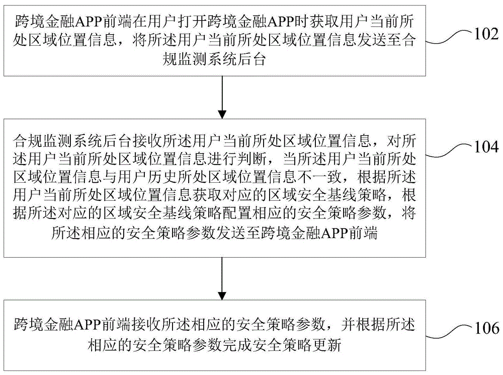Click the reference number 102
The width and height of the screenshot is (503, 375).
[486, 34]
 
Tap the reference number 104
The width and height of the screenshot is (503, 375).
[486, 146]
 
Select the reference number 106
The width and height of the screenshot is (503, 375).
[486, 328]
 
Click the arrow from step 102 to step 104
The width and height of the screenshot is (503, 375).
[222, 97]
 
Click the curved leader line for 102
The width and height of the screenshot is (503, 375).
[450, 37]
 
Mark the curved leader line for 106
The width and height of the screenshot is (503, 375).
[450, 331]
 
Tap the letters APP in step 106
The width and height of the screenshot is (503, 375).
[87, 325]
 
